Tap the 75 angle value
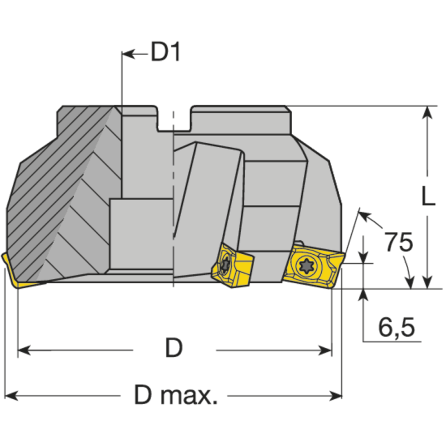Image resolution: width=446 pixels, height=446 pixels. tap(399, 243)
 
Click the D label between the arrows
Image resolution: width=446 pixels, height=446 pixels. tap(173, 348)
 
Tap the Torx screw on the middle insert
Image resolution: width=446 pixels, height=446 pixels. tap(226, 264)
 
